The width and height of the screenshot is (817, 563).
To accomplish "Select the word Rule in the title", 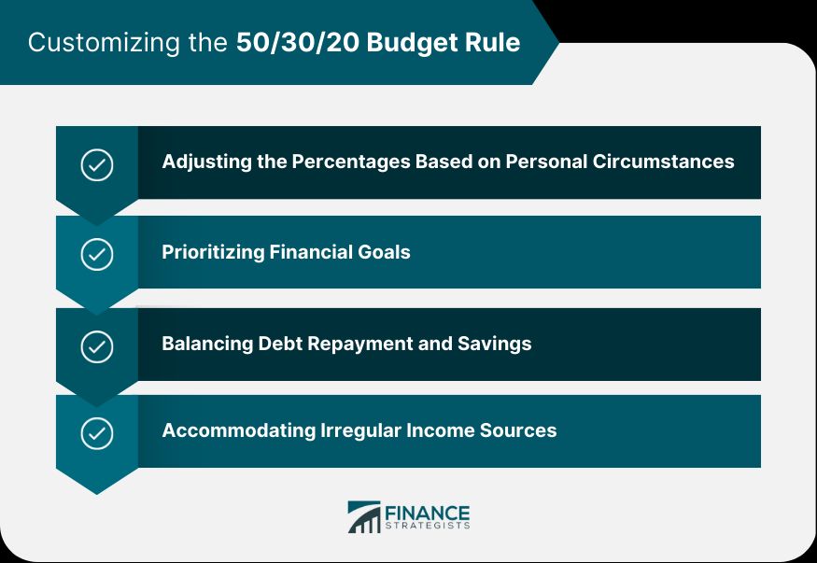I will pos(492,43).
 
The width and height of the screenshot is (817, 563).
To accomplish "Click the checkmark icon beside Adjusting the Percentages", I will pos(97,164).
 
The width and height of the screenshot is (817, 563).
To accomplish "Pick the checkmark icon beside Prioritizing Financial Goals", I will pos(97,254).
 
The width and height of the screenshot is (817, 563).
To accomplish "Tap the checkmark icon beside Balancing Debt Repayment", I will pos(97,346).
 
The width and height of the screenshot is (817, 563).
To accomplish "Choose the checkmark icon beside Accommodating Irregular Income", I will pos(97,432).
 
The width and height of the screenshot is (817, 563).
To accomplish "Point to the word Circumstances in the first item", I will pos(663,162).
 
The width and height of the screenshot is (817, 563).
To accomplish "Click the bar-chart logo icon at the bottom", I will pos(364,517).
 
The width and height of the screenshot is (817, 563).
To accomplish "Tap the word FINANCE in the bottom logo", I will pos(428,513).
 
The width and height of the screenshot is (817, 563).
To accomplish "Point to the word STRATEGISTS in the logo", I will pos(428,527).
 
